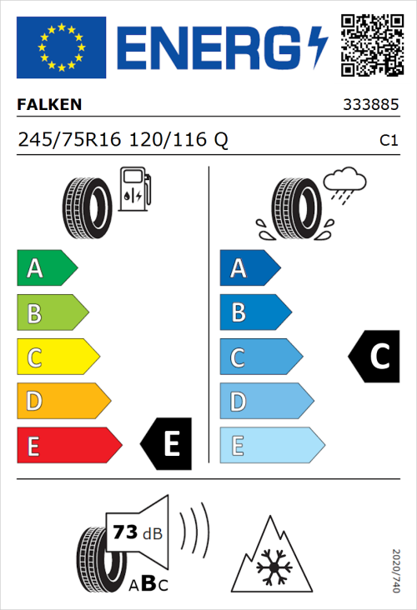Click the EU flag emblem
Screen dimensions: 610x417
(61, 47)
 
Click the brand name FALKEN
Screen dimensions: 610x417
(49, 106)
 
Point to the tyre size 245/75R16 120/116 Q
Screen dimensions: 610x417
(123, 141)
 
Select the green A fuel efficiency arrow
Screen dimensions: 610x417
(46, 268)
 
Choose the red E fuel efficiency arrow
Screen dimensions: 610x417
(68, 446)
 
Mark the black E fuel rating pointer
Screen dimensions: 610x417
(167, 443)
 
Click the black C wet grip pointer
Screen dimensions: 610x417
(373, 356)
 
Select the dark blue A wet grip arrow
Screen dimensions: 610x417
(249, 268)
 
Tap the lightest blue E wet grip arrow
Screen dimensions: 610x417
(271, 446)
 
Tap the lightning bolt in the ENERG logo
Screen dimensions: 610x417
(318, 46)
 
